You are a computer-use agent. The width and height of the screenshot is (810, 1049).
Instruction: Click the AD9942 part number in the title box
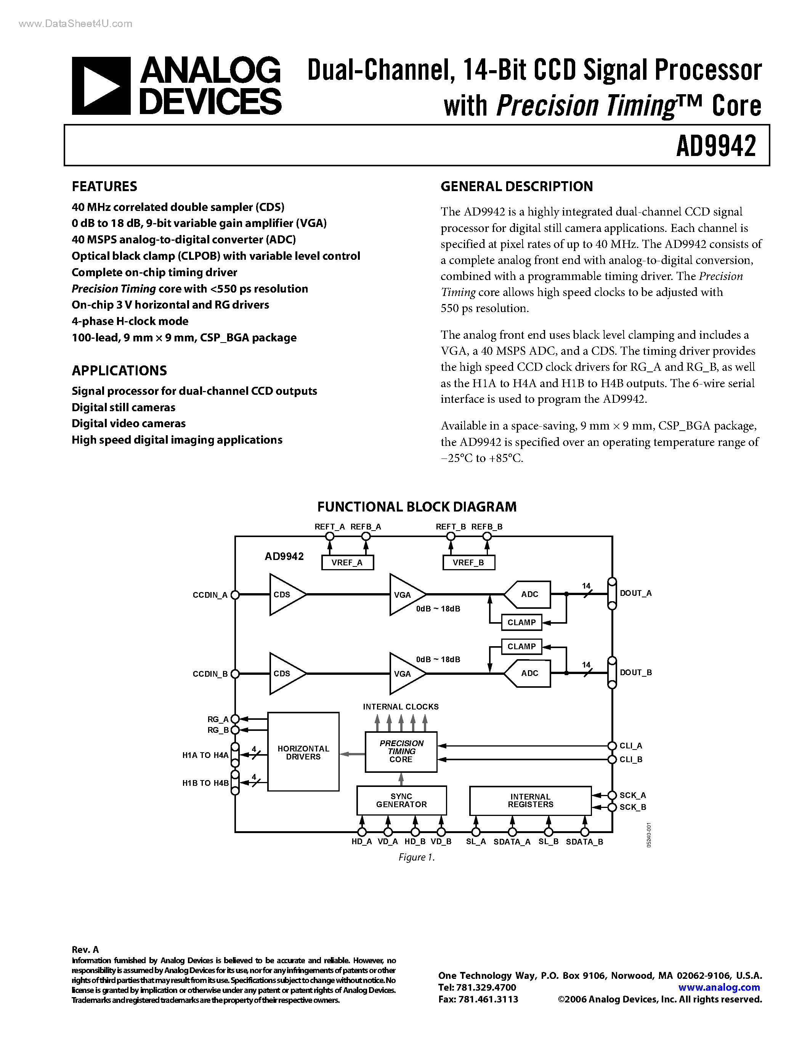(715, 146)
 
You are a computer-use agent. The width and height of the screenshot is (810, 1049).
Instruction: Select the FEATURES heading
(104, 187)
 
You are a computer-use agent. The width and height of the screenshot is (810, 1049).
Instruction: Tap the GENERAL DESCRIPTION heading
(516, 187)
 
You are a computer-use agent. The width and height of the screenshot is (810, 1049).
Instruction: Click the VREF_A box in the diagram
(347, 562)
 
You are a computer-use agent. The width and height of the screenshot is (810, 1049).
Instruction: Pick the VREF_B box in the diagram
(468, 562)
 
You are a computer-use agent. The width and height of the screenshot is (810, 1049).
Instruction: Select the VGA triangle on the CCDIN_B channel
(404, 673)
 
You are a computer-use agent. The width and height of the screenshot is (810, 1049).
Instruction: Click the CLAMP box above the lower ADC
(521, 647)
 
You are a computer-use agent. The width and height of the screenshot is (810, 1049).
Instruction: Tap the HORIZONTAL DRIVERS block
(303, 752)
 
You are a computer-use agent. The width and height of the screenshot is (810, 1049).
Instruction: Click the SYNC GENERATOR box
(401, 800)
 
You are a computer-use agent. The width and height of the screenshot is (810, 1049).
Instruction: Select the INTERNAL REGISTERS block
(530, 800)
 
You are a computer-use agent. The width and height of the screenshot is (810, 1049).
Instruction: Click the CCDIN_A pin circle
(235, 595)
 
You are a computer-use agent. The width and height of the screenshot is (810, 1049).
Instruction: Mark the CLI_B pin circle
(612, 759)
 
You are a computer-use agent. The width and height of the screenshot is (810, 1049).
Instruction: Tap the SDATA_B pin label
(584, 842)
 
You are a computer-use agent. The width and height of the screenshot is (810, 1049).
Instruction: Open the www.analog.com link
(719, 988)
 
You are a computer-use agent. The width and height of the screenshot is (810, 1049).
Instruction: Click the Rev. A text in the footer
(85, 949)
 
